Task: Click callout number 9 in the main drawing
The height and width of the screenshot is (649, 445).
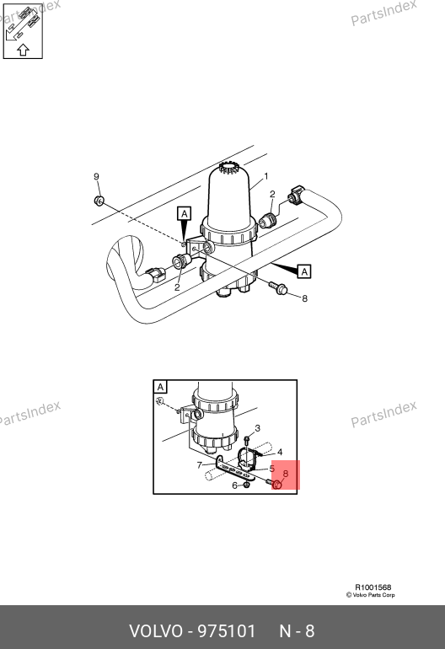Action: tap(96, 177)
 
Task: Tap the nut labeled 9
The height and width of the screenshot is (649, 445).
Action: tap(99, 201)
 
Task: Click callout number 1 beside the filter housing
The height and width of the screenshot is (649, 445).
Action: tap(266, 176)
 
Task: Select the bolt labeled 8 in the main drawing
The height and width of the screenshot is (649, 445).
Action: tap(279, 287)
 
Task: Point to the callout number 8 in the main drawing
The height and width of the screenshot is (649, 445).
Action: tap(304, 298)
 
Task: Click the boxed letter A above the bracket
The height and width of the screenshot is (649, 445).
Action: tap(185, 213)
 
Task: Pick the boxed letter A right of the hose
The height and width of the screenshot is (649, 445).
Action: tap(304, 271)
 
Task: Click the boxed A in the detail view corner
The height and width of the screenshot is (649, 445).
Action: tap(161, 388)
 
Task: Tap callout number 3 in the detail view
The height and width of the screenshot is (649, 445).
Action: tap(258, 428)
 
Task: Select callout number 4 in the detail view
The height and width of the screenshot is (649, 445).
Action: tap(280, 452)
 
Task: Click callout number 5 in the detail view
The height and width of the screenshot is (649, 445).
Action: tap(272, 469)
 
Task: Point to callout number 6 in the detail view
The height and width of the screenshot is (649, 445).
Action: tap(234, 485)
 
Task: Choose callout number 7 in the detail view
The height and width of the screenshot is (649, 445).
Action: tap(200, 465)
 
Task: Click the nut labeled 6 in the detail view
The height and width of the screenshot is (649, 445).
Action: tap(246, 485)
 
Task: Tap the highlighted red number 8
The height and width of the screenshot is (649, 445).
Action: tap(285, 474)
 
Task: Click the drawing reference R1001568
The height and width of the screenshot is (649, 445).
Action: tap(373, 587)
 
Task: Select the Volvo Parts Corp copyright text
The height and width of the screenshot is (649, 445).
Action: tap(371, 595)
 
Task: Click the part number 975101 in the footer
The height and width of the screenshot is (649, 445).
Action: tap(227, 631)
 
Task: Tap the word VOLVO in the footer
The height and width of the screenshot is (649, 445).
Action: tap(156, 631)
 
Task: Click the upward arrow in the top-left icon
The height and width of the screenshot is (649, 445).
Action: tap(24, 50)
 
